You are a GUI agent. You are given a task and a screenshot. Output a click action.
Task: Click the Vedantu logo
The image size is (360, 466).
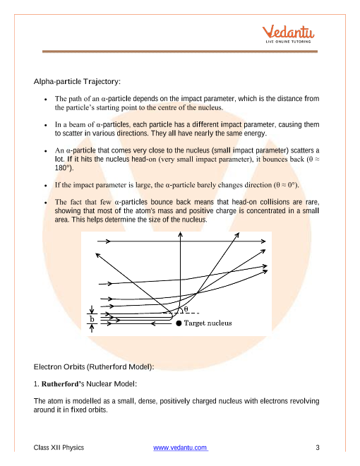(288, 34)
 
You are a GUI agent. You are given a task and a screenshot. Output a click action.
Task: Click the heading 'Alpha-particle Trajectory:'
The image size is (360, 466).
(77, 81)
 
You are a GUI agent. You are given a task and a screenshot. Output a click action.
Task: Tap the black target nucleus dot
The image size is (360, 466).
(179, 323)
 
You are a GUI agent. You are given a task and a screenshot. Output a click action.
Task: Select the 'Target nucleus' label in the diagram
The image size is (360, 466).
(208, 323)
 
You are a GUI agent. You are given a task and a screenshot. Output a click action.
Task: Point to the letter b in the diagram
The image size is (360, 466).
(92, 319)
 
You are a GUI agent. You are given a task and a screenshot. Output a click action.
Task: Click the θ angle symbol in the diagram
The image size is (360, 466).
(186, 309)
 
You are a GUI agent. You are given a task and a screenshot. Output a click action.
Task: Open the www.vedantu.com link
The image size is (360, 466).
(181, 448)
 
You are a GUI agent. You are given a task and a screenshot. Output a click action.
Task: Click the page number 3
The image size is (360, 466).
(318, 448)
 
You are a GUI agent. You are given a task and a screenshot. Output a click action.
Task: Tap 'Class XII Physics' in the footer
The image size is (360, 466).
(59, 448)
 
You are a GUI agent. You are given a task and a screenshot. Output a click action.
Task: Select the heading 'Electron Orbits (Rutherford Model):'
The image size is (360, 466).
(94, 366)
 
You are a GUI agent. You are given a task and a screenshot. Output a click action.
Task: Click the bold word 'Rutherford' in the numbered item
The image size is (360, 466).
(59, 384)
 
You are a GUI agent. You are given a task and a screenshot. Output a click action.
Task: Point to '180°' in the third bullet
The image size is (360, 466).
(64, 168)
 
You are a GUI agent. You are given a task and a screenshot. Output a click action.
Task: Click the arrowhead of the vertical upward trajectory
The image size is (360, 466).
(180, 234)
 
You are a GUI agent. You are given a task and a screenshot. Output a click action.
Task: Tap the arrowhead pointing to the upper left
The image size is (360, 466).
(97, 255)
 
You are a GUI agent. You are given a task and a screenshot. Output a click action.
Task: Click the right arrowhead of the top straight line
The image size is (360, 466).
(263, 241)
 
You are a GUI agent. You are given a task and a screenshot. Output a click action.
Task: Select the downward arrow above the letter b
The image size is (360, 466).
(92, 309)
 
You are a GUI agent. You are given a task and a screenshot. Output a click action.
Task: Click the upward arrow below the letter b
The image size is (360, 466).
(92, 328)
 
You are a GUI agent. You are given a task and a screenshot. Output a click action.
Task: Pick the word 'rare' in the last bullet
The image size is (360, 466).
(312, 202)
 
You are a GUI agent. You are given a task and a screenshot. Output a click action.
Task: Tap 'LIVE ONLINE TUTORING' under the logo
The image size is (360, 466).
(288, 42)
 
